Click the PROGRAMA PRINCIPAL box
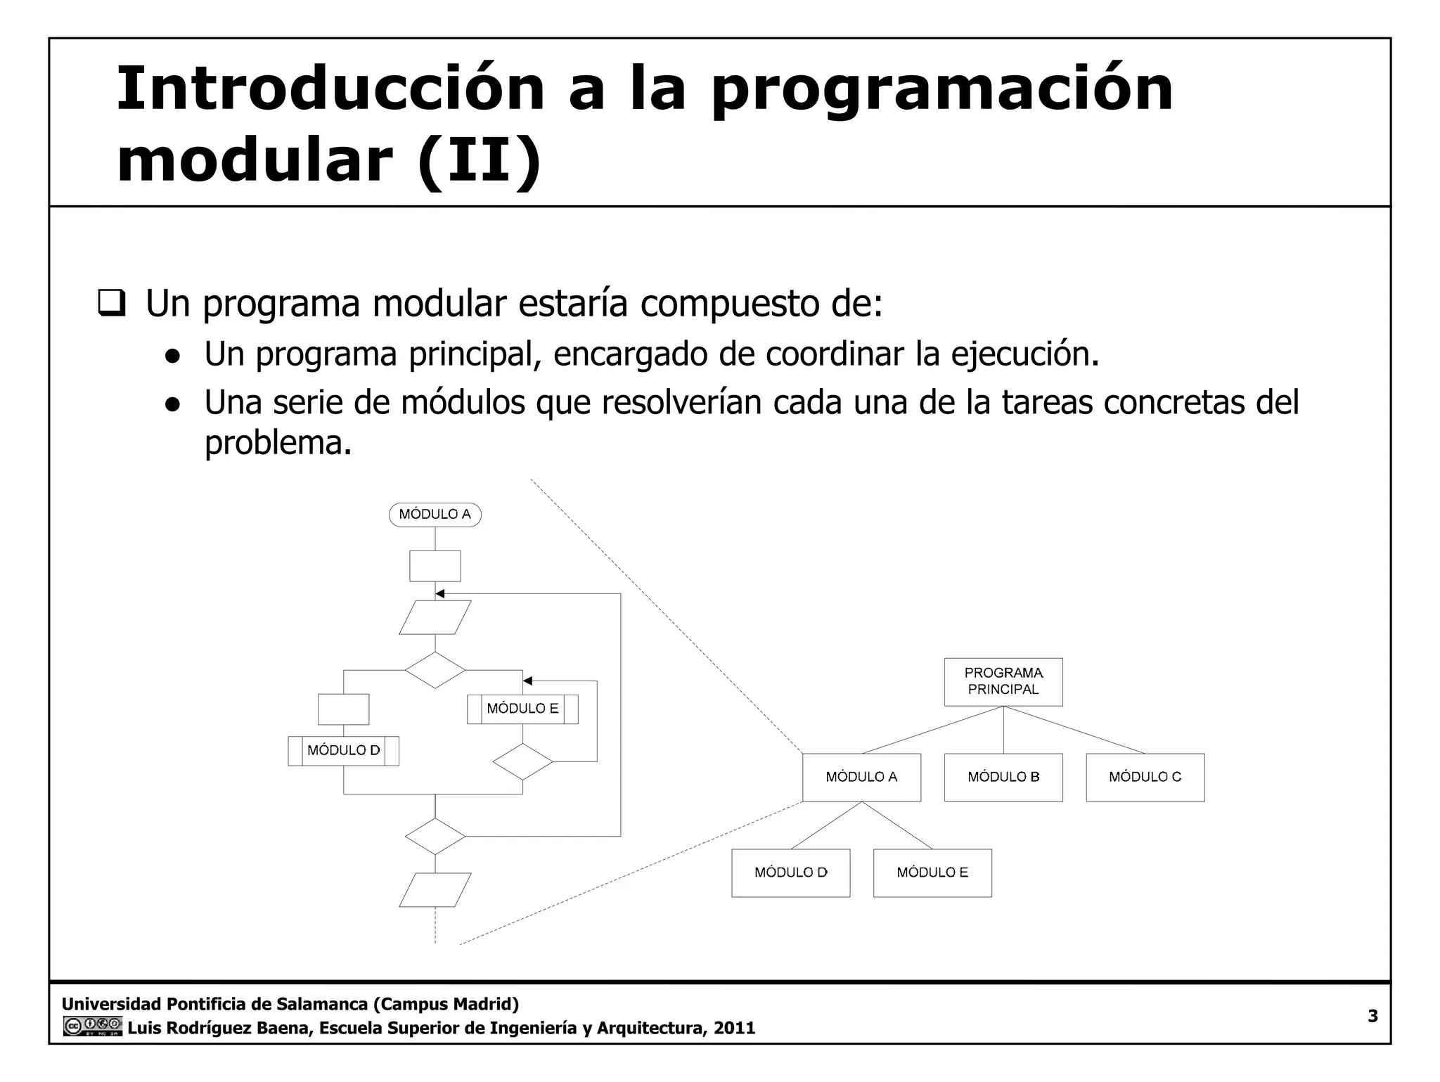(1003, 681)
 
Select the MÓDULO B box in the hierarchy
(1003, 777)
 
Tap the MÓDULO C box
(1145, 777)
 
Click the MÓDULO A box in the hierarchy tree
(861, 777)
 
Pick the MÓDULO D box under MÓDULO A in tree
(790, 872)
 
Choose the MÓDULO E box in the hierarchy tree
(932, 872)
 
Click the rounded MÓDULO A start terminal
(435, 515)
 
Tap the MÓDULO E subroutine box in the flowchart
(522, 709)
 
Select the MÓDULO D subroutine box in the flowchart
(343, 750)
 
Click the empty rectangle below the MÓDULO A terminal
(435, 565)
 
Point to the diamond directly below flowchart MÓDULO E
(522, 761)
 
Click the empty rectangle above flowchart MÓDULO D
(343, 709)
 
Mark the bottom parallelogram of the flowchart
(435, 889)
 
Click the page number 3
(1372, 1016)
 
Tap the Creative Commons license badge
(92, 1026)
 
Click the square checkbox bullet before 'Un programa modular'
(111, 304)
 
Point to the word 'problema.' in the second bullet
(278, 443)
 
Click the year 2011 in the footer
(734, 1028)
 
